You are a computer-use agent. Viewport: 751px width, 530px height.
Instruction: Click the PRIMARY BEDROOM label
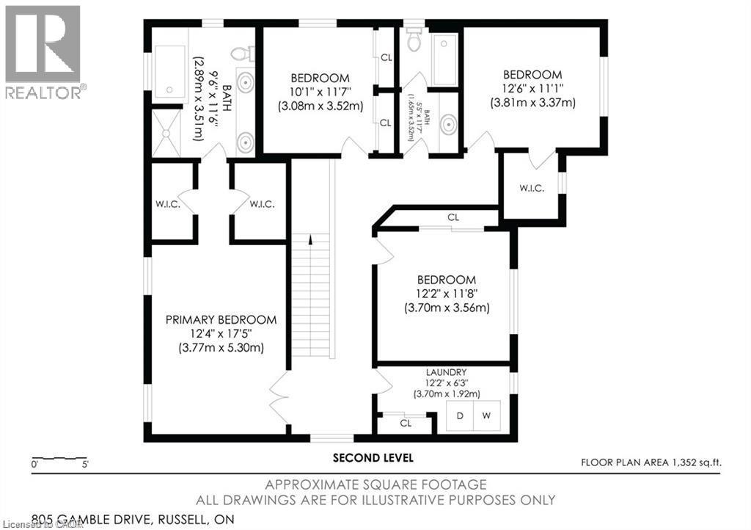tap(221, 320)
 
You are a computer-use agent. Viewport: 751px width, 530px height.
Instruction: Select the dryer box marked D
tap(461, 416)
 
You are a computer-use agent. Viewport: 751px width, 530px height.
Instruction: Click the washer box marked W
tap(486, 416)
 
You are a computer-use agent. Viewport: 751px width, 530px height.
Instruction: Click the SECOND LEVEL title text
tap(373, 458)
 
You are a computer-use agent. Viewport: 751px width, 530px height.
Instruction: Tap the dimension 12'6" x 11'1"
tap(532, 89)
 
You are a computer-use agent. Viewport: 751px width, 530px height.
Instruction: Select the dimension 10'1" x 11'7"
tap(320, 92)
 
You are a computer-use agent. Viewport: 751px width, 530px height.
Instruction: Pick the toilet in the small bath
tap(414, 40)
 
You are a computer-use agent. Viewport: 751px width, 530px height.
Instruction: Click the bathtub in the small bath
tap(444, 59)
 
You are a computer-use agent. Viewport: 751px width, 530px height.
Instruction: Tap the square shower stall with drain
tap(166, 134)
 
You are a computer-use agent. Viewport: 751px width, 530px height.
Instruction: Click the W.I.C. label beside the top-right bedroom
tap(532, 189)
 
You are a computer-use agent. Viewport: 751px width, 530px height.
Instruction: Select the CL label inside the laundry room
tap(406, 424)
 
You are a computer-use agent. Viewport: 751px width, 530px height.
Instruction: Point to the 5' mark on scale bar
tap(86, 465)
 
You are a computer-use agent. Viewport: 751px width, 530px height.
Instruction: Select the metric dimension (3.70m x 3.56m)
tap(446, 308)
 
